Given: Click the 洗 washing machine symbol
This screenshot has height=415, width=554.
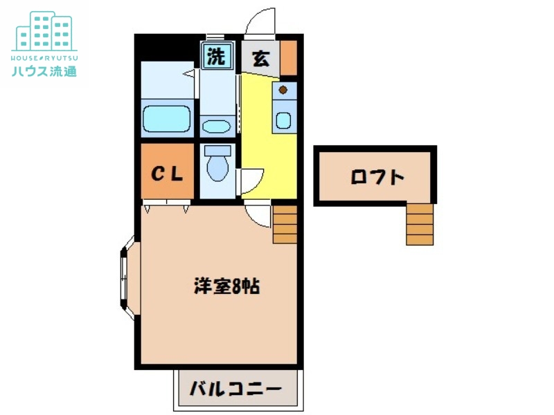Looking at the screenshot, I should [x=217, y=57].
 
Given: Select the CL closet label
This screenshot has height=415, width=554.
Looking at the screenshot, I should [x=168, y=174].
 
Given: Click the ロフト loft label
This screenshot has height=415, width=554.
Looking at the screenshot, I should [x=377, y=177].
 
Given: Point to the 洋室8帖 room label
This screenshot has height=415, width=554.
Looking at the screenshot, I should [x=226, y=286].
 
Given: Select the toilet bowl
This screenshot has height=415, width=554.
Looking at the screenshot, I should [x=218, y=167].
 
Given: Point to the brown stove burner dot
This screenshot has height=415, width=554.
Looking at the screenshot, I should [x=283, y=89].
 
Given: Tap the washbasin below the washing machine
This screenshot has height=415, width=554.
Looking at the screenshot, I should [x=218, y=127].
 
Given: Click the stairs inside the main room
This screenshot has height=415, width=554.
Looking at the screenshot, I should [x=285, y=224].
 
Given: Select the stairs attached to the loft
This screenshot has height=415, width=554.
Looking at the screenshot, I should [x=420, y=224].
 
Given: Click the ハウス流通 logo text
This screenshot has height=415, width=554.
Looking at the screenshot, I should [x=44, y=71].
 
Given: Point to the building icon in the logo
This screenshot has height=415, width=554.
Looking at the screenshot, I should [x=44, y=30].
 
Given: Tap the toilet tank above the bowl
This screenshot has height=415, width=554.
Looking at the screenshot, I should [x=218, y=150].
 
